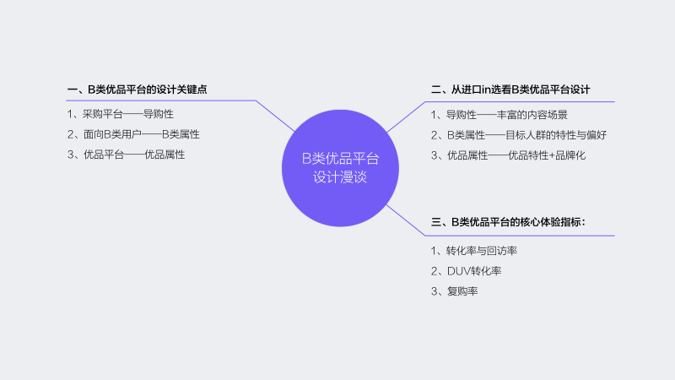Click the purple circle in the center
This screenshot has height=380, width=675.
[340, 168]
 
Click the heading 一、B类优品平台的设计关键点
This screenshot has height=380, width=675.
[137, 90]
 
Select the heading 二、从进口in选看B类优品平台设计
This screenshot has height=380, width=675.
[510, 90]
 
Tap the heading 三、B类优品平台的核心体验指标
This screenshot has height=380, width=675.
[508, 222]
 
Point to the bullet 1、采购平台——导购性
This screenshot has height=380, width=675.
[120, 114]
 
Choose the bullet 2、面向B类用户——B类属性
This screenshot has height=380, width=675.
[133, 134]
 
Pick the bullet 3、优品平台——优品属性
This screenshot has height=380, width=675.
[126, 155]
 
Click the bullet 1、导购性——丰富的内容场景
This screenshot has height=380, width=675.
[499, 115]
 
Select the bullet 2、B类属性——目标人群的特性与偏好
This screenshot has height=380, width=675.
[518, 135]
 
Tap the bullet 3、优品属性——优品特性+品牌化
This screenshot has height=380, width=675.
[508, 155]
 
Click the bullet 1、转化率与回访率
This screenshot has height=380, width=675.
[473, 251]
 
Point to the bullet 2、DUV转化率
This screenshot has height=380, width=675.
[466, 271]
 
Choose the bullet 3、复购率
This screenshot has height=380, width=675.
[454, 291]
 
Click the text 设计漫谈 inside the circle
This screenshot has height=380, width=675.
[340, 177]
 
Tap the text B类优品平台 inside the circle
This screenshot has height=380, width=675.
[340, 159]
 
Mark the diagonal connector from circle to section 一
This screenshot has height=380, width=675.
[276, 116]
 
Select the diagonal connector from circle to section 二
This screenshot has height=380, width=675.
[406, 117]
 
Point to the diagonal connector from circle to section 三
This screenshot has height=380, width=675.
[406, 220]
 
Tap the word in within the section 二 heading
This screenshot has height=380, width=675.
[486, 90]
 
